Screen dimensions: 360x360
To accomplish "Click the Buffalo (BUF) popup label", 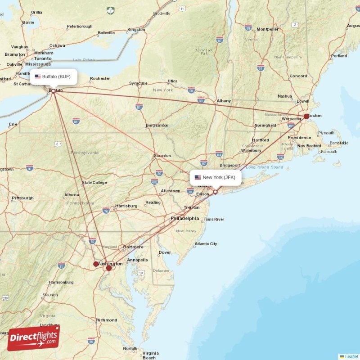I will (x=53, y=76).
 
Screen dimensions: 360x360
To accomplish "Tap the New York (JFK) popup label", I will (x=215, y=177).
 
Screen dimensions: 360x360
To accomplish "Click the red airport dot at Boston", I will (x=306, y=116).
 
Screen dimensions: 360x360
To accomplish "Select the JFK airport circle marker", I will (x=215, y=192).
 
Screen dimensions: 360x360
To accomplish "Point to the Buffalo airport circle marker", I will (x=53, y=91).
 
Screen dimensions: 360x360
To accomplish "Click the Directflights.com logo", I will (x=33, y=338).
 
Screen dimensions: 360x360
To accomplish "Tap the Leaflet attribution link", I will (x=351, y=356).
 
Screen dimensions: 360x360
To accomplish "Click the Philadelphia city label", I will (x=184, y=218).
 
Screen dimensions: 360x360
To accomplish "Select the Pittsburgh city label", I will (x=22, y=198).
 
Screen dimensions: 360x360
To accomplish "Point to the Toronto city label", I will (x=43, y=58).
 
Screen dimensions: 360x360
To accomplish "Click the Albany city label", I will (x=224, y=101).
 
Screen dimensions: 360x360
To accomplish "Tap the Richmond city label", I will (x=107, y=320).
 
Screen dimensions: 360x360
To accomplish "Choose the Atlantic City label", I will (x=206, y=244).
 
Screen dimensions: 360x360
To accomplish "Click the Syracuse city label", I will (x=138, y=83).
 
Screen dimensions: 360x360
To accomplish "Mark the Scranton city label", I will (x=162, y=156).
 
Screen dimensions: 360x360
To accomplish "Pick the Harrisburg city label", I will (x=126, y=206).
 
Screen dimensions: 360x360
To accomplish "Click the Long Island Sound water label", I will (x=264, y=167).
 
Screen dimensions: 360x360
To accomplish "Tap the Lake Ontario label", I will (x=84, y=59).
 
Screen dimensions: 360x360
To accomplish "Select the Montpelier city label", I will (x=268, y=29).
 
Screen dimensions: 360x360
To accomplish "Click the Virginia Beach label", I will (x=150, y=355).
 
